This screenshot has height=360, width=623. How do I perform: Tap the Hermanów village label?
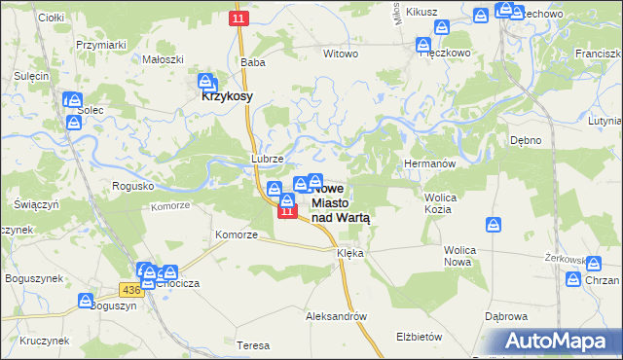(429, 164)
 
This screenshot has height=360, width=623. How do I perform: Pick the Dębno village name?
(526, 140)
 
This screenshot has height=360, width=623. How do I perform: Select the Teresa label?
(253, 345)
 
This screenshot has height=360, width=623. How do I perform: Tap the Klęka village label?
(349, 253)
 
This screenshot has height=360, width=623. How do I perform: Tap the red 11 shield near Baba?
(239, 18)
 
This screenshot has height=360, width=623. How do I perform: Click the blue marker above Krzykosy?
(206, 82)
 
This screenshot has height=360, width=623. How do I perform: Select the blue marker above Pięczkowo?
(423, 44)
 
